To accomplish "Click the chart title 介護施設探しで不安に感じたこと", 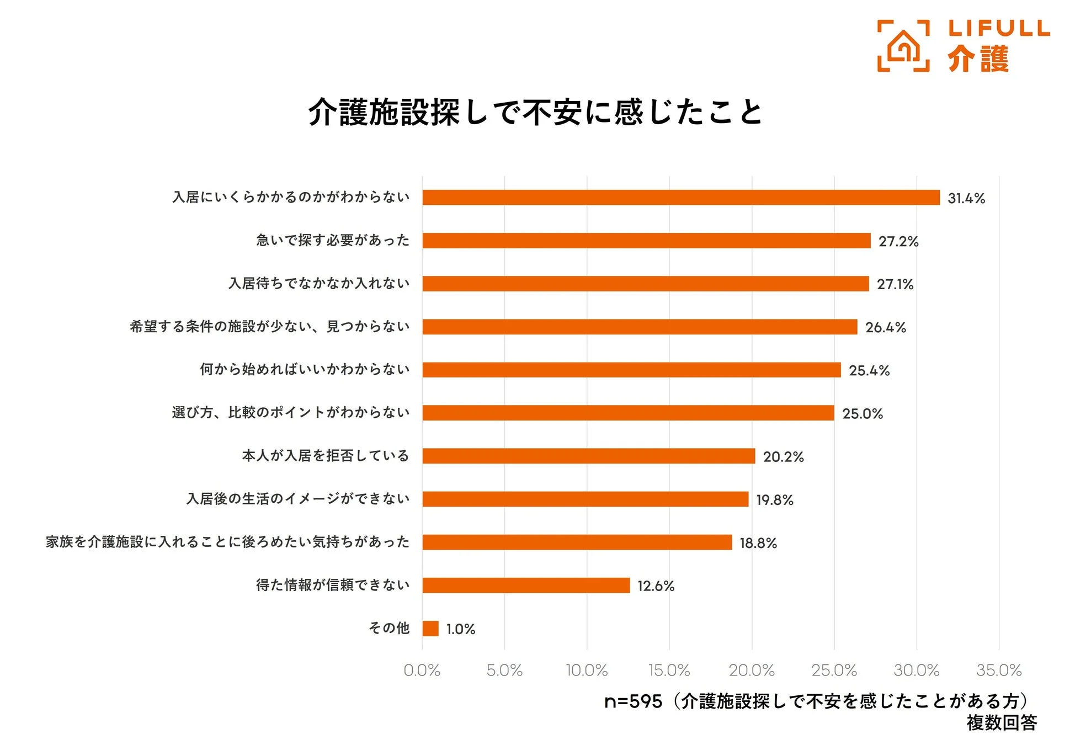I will (535, 113).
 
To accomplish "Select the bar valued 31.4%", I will (680, 198).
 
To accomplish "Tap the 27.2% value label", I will (898, 241).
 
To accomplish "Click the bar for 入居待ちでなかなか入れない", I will (645, 284).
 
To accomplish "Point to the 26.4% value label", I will (885, 327).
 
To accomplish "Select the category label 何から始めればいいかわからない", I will (305, 369).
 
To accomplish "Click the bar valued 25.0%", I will (628, 413).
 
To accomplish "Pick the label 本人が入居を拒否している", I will (325, 455).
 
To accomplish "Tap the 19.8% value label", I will (774, 500).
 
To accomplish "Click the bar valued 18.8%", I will (577, 542).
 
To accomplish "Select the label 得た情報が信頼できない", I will (332, 585).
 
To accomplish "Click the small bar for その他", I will (430, 628).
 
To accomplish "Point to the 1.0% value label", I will (460, 629).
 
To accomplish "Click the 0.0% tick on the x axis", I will (422, 670).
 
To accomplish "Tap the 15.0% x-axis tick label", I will (669, 670).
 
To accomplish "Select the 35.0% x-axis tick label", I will (998, 670).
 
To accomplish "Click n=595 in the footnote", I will (632, 701).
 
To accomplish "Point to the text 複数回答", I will (1001, 722).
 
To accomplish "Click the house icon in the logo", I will (903, 46).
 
